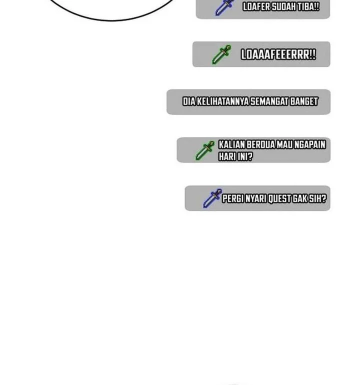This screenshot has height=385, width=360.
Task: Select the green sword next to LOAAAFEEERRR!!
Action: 221,54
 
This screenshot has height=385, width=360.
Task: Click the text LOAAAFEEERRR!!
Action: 278,54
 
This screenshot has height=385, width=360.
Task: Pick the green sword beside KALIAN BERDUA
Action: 205,150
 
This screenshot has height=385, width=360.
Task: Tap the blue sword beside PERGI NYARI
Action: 212,198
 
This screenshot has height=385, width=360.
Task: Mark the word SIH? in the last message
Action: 318,198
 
